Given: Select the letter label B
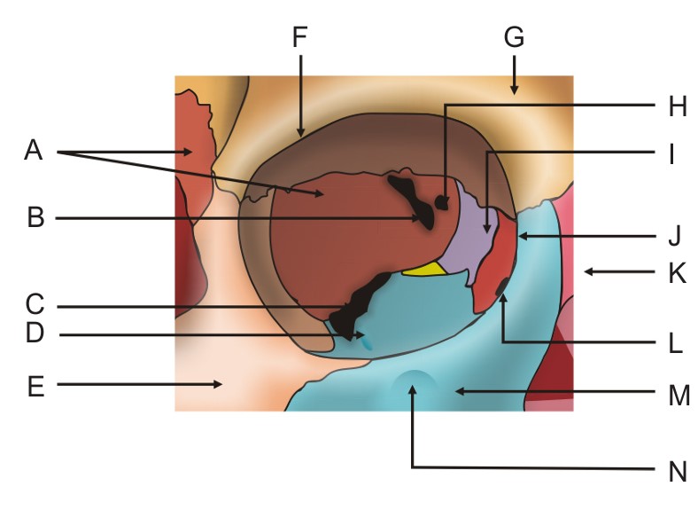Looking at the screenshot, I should click(35, 217).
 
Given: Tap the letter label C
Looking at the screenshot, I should click(35, 306).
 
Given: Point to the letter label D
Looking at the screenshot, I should click(35, 336).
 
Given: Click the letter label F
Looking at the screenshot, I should click(300, 37).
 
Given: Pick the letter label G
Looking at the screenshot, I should click(514, 37).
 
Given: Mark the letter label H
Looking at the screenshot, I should click(678, 106).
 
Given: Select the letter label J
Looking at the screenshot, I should click(675, 237).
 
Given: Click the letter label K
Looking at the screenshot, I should click(678, 274).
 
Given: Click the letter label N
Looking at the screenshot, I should click(678, 470).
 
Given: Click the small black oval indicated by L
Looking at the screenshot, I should click(502, 286).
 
